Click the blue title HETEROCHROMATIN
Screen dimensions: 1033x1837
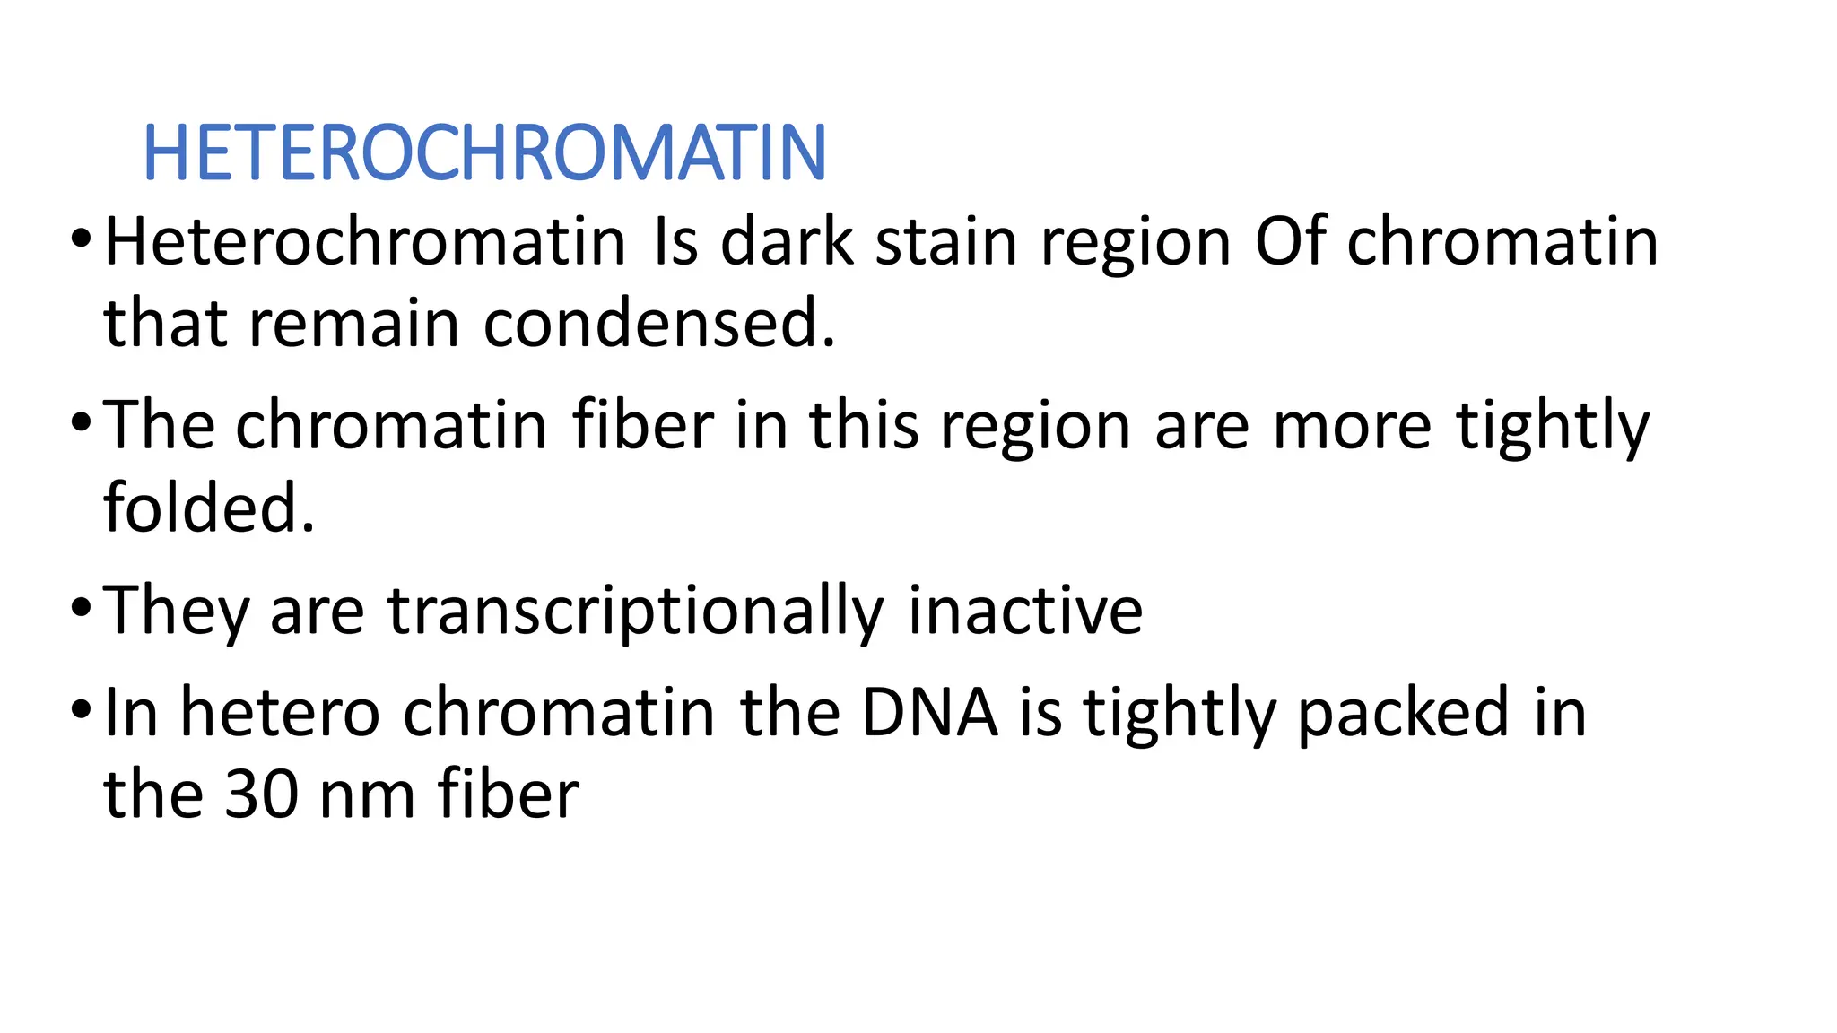(x=484, y=152)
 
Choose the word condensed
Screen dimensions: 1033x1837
(x=659, y=324)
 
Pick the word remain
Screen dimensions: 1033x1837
(x=354, y=324)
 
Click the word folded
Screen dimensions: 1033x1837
(x=209, y=508)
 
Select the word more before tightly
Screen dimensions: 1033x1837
(x=1352, y=425)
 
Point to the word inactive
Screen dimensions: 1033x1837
(x=1025, y=611)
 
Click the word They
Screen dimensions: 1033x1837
(x=176, y=611)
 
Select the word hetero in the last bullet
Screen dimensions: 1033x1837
(x=280, y=713)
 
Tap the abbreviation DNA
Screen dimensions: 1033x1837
(x=929, y=713)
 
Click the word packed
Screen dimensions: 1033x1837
(x=1403, y=713)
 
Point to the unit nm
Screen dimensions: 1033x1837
(x=368, y=794)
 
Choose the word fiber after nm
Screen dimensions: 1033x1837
(x=508, y=794)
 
